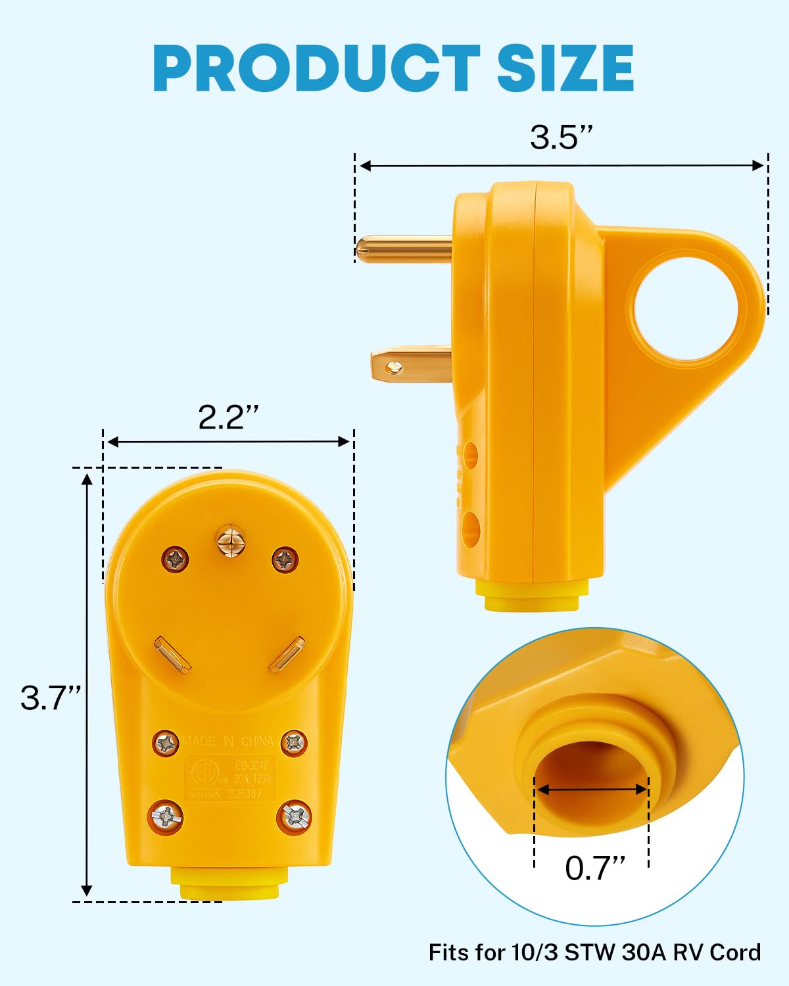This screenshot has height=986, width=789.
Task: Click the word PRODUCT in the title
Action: coord(316,68)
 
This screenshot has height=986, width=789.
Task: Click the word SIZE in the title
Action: coord(565,68)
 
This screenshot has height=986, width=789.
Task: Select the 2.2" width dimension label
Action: coord(228,416)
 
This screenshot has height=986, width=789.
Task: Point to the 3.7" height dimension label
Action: coord(51,697)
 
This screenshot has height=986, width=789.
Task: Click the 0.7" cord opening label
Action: coord(594,868)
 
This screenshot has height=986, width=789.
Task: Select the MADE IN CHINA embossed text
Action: coord(228,741)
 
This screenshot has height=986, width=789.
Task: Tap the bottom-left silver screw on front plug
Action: coord(167,817)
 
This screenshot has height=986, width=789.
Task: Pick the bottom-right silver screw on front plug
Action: coord(295,817)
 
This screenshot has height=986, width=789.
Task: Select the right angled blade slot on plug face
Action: coord(286,654)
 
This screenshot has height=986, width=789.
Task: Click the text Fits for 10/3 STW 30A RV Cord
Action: coord(594,952)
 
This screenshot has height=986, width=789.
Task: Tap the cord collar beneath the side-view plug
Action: coord(532,596)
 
